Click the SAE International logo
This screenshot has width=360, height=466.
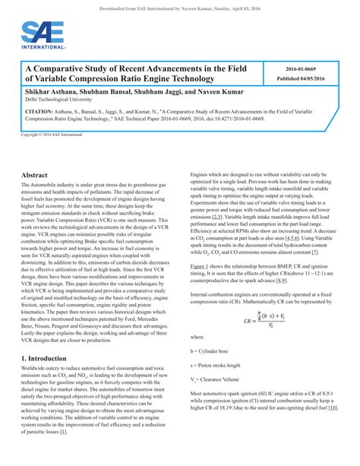coord(39,34)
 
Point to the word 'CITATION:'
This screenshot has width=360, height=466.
coord(39,111)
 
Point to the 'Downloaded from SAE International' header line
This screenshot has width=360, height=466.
coord(179,7)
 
